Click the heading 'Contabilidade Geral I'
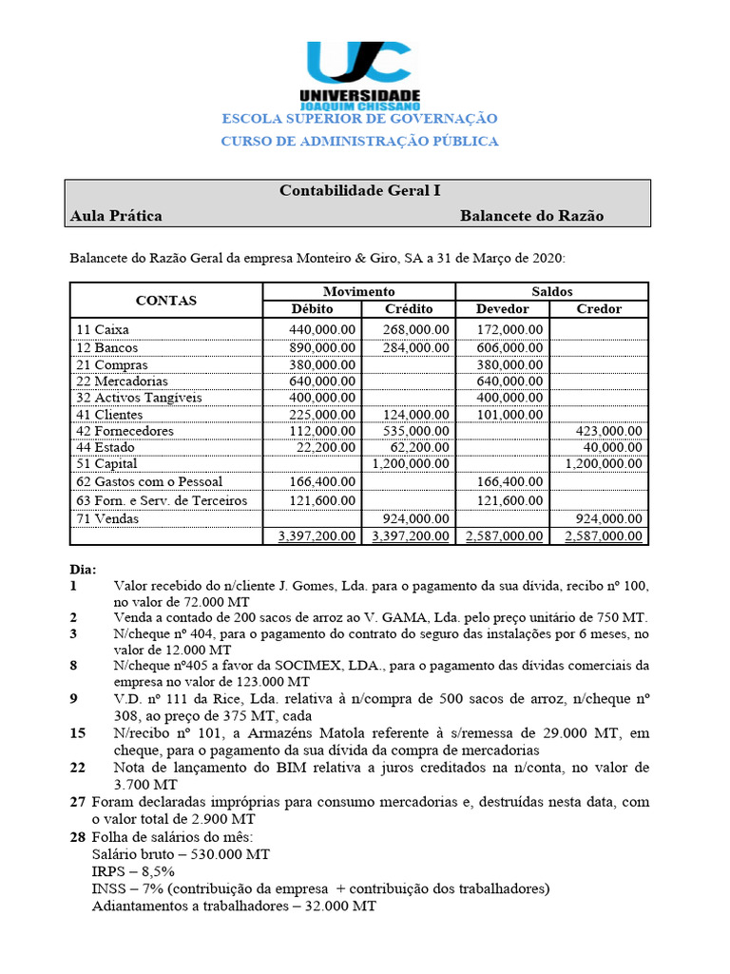pyautogui.click(x=359, y=190)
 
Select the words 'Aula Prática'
pyautogui.click(x=116, y=216)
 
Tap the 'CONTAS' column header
pyautogui.click(x=165, y=300)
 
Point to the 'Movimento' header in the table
pyautogui.click(x=358, y=291)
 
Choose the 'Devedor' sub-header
pyautogui.click(x=503, y=308)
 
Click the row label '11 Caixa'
pyautogui.click(x=103, y=329)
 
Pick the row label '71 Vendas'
pyautogui.click(x=107, y=518)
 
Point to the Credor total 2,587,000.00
pyautogui.click(x=604, y=536)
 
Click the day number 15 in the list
pyautogui.click(x=78, y=733)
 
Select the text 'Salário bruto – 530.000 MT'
pyautogui.click(x=181, y=854)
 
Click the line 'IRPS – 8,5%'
pyautogui.click(x=133, y=871)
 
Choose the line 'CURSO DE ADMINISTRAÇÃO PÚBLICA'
pyautogui.click(x=359, y=141)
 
